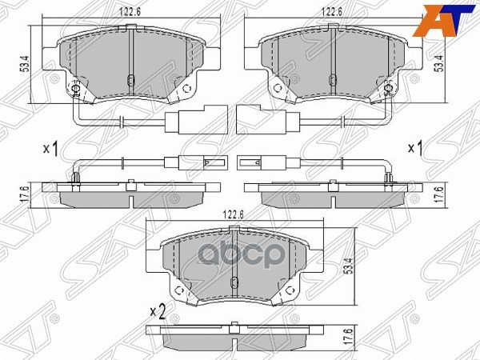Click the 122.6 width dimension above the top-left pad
(x=130, y=12)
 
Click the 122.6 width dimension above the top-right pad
(x=332, y=12)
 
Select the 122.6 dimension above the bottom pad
(x=233, y=214)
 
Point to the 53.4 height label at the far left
(x=25, y=64)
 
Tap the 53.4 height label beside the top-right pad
(x=439, y=64)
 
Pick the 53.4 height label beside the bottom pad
(x=350, y=266)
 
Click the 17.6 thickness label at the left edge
(x=25, y=194)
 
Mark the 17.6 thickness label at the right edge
(x=439, y=194)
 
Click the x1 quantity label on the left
(x=51, y=149)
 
